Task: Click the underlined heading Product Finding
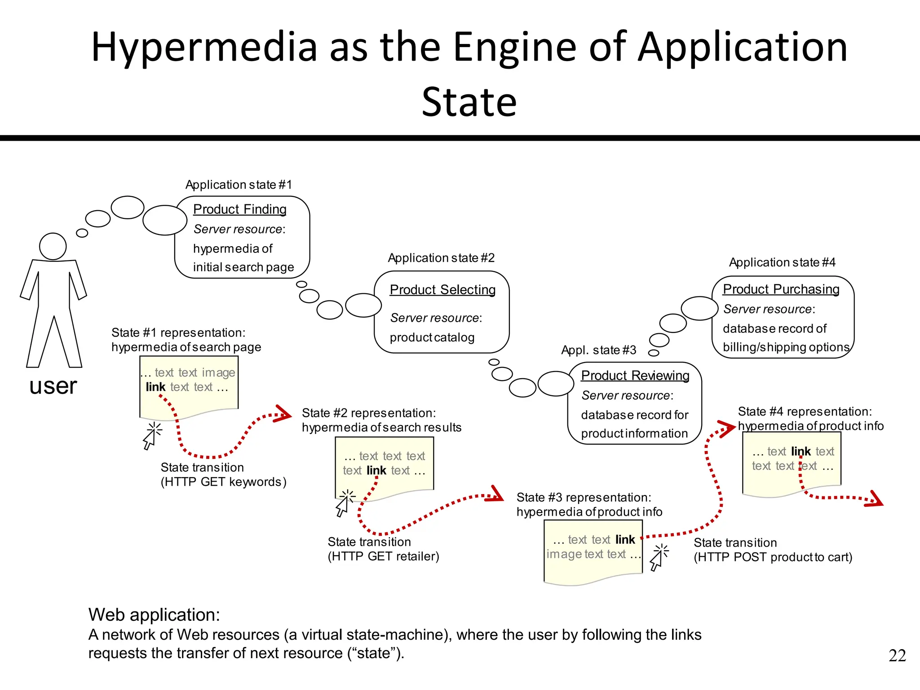click(239, 209)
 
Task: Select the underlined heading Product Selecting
click(442, 290)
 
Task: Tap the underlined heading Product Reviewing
click(635, 376)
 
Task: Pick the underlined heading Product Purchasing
click(781, 289)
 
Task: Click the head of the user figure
click(53, 246)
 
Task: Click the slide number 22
click(897, 655)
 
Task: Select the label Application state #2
click(441, 258)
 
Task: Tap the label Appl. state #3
click(598, 350)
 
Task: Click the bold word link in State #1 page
click(155, 387)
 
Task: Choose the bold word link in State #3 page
click(625, 540)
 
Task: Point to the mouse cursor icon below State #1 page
click(151, 435)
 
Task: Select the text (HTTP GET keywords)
click(223, 482)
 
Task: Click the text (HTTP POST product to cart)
click(773, 557)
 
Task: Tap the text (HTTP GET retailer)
click(383, 557)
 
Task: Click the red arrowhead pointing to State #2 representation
click(283, 414)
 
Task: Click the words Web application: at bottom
click(154, 615)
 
